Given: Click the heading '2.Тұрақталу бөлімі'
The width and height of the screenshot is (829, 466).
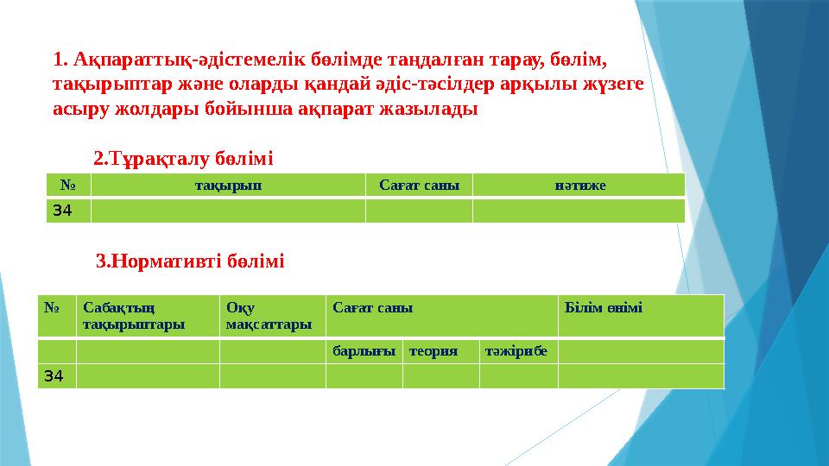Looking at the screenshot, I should [183, 159].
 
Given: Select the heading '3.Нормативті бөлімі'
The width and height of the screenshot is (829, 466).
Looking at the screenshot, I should [190, 261].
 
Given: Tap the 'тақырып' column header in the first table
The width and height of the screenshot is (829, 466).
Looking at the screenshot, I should [228, 185].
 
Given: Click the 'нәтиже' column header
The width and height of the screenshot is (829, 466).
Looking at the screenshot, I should [579, 185].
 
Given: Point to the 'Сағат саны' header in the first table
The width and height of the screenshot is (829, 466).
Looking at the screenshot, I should [419, 185].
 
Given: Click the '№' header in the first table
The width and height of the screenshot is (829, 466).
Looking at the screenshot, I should [68, 185].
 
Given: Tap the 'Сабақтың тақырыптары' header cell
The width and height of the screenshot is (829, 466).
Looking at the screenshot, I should [147, 315].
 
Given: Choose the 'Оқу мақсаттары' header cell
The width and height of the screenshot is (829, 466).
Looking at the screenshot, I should [271, 315].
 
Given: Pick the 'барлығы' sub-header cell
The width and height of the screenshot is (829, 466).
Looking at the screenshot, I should [364, 351].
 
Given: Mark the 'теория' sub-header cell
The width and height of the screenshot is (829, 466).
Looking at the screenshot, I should [440, 351].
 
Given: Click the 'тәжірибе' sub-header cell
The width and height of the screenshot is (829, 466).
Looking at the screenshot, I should [518, 351].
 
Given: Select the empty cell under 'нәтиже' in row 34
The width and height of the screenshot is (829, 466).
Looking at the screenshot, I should [579, 211].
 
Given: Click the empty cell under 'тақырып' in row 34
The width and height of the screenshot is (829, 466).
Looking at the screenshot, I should [228, 211].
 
